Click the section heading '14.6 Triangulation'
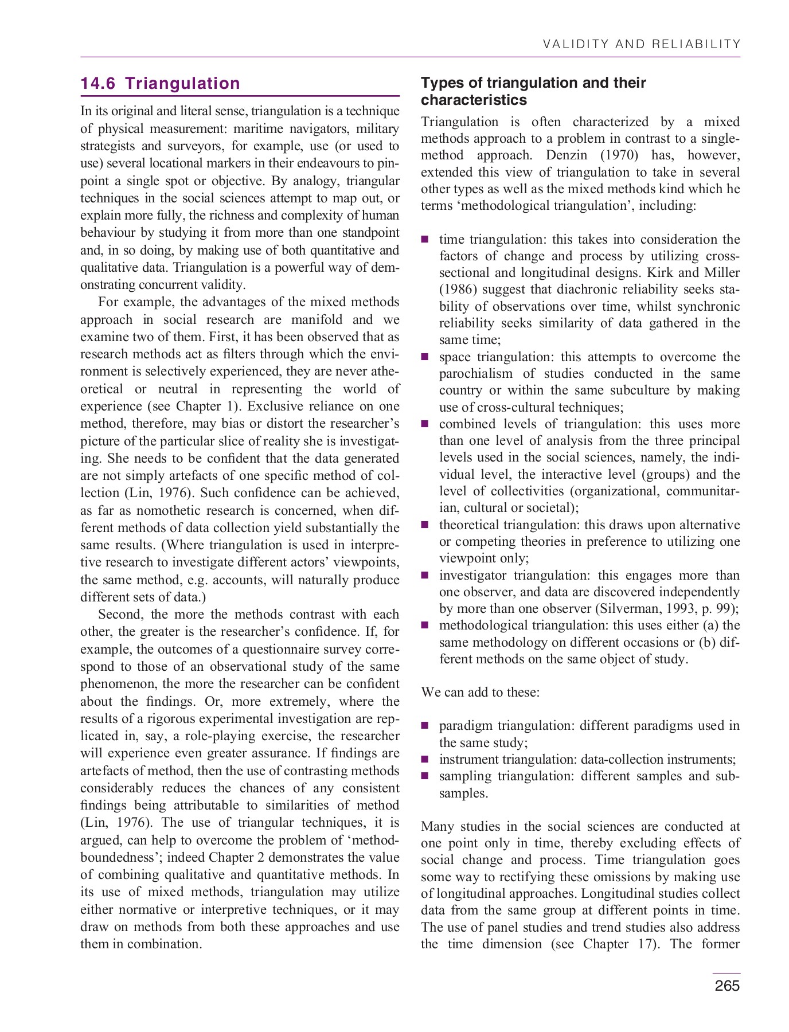click(x=160, y=84)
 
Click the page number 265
click(x=727, y=986)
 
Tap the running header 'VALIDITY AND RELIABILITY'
click(x=641, y=44)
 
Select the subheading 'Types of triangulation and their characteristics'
click(x=533, y=91)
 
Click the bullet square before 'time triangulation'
click(x=425, y=240)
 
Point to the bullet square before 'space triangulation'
click(x=425, y=357)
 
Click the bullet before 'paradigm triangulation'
click(x=425, y=726)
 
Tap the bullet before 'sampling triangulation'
click(x=425, y=776)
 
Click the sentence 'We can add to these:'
click(x=480, y=692)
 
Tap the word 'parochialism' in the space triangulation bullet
click(x=475, y=374)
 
